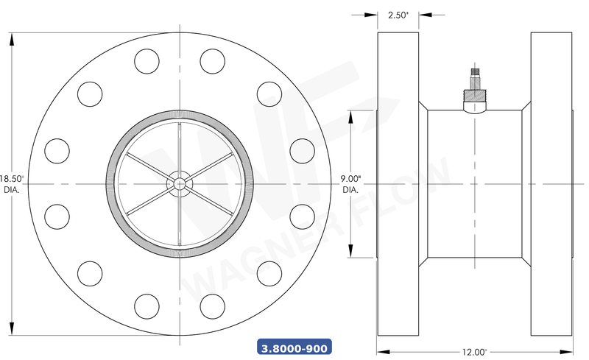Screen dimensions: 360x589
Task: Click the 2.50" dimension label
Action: (x=398, y=15)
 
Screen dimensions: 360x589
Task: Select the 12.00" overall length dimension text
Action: (x=475, y=352)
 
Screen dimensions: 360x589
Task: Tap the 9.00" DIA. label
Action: (x=350, y=183)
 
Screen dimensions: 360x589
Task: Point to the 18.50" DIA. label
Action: (x=12, y=183)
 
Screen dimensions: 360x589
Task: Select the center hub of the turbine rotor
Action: (x=180, y=183)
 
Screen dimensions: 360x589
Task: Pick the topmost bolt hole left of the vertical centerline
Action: (x=147, y=60)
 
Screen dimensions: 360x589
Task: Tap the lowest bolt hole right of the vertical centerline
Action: (x=212, y=305)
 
